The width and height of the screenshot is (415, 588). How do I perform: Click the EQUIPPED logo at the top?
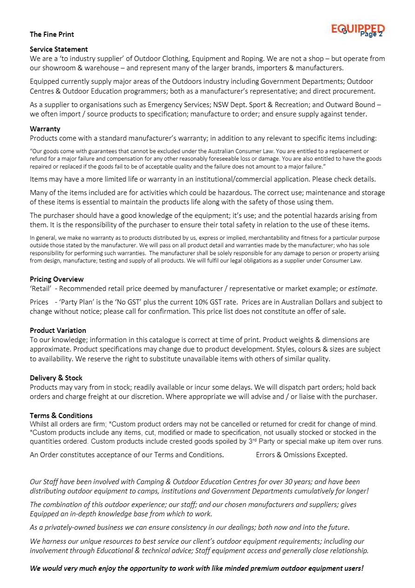tap(357, 28)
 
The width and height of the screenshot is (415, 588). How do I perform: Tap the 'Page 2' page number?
tap(371, 34)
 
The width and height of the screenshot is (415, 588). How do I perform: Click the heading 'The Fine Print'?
tap(52, 34)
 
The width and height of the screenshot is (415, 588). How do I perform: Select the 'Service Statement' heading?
tap(59, 49)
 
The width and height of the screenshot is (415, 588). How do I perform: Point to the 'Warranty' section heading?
tap(45, 129)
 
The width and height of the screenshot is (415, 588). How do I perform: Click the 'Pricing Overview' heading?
tap(57, 279)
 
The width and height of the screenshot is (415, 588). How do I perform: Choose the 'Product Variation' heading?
tap(58, 331)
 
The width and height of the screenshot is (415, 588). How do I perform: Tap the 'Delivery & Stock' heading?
tap(56, 378)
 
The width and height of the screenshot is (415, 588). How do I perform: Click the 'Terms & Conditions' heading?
tap(61, 416)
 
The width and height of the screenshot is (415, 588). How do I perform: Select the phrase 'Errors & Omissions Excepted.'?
tap(301, 455)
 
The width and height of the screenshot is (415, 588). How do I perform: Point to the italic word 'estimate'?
tap(362, 289)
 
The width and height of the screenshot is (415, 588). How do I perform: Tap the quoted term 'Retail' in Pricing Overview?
tap(40, 289)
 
